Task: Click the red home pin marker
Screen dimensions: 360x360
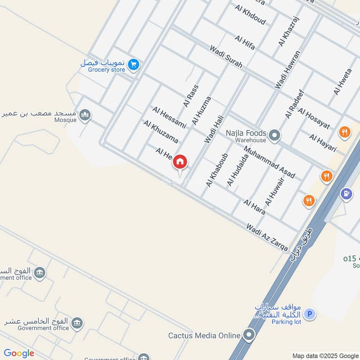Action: pos(180,162)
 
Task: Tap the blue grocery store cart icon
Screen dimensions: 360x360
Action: pos(133,65)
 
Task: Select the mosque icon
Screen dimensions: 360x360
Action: pos(85,116)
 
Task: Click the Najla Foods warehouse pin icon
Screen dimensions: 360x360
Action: pos(274,134)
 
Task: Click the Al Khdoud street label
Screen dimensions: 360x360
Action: pos(250,15)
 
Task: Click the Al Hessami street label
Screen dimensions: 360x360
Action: pos(169,117)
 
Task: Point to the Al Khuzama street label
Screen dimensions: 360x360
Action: pos(161,131)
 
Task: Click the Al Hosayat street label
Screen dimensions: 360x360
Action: pos(314,119)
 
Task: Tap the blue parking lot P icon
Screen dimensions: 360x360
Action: pos(309,314)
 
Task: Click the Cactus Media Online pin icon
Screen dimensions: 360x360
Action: pos(248,335)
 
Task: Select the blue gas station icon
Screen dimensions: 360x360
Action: pos(346,194)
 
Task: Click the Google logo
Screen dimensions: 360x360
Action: pos(19,353)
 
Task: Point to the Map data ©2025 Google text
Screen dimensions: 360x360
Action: pos(325,355)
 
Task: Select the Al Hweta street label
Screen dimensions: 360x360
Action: pos(342,81)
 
